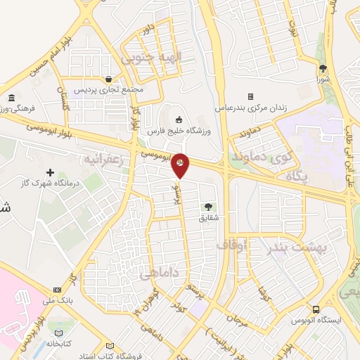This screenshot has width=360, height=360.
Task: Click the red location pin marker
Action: pyautogui.click(x=180, y=164)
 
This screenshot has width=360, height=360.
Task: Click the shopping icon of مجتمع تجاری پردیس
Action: pyautogui.click(x=108, y=79)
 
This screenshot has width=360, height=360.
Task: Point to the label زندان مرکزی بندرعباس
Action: pyautogui.click(x=250, y=107)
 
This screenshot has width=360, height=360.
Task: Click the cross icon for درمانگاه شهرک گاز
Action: pyautogui.click(x=49, y=172)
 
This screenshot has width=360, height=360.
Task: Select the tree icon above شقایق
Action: pyautogui.click(x=207, y=206)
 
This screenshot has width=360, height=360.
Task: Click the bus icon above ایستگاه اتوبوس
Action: pyautogui.click(x=316, y=309)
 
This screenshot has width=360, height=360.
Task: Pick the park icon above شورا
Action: pyautogui.click(x=323, y=69)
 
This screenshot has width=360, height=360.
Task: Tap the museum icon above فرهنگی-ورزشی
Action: pyautogui.click(x=12, y=98)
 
